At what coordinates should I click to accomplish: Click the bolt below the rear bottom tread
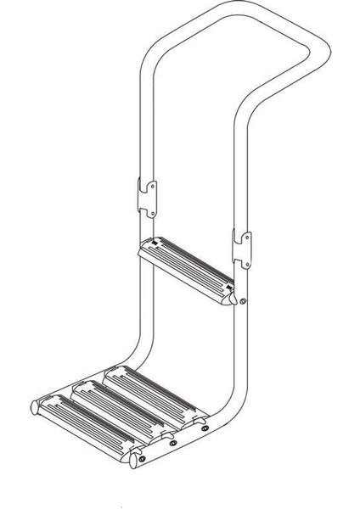pyautogui.click(x=204, y=428)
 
